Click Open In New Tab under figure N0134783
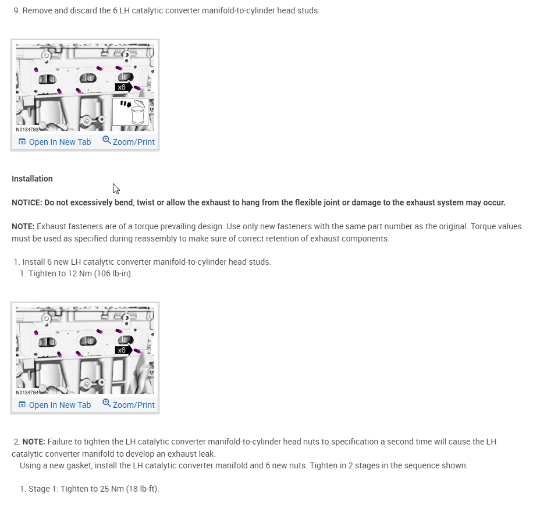click(x=55, y=142)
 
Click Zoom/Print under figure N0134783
click(x=129, y=141)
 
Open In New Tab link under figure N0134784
click(x=55, y=405)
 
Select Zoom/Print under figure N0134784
click(x=129, y=404)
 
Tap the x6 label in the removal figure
click(x=122, y=87)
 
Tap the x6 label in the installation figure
click(x=122, y=350)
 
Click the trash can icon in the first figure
click(x=137, y=113)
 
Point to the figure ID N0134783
click(x=27, y=130)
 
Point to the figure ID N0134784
click(x=27, y=393)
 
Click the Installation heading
click(x=32, y=179)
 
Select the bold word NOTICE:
click(x=27, y=202)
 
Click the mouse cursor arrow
click(x=115, y=188)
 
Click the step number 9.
click(x=16, y=10)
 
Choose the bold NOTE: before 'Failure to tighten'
click(x=33, y=442)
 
